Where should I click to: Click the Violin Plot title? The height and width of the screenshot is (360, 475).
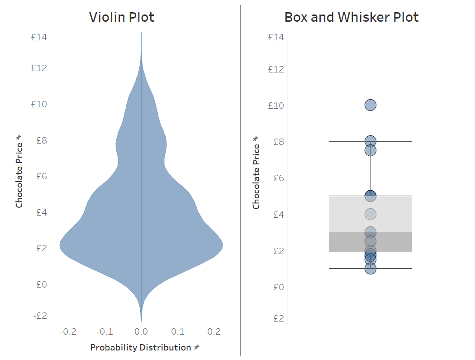coord(122,17)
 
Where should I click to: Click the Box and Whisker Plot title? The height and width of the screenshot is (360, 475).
coord(351,17)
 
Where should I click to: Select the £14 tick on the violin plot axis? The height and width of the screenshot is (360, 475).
coord(39,37)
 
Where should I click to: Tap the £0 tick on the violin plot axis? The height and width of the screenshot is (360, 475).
coord(42,284)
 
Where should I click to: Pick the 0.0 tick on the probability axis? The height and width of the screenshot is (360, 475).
coord(141,332)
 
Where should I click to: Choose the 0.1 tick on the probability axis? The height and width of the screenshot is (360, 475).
coord(178,332)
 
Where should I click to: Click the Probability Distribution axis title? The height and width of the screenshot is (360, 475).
coord(140,347)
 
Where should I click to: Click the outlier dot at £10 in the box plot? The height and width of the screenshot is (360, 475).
coord(370,105)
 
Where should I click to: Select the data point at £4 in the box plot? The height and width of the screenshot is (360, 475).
coord(370,214)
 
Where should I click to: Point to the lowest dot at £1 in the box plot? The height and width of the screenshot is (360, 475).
coord(370,269)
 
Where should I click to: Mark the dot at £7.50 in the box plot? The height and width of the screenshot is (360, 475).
coord(370,150)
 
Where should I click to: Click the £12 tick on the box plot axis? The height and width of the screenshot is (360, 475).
coord(276,69)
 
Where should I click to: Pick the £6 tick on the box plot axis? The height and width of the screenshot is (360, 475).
coord(278,178)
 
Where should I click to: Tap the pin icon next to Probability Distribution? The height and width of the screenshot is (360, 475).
coord(197,347)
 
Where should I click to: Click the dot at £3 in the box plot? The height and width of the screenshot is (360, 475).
coord(370,232)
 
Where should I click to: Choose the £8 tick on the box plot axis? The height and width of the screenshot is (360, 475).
coord(278,142)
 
